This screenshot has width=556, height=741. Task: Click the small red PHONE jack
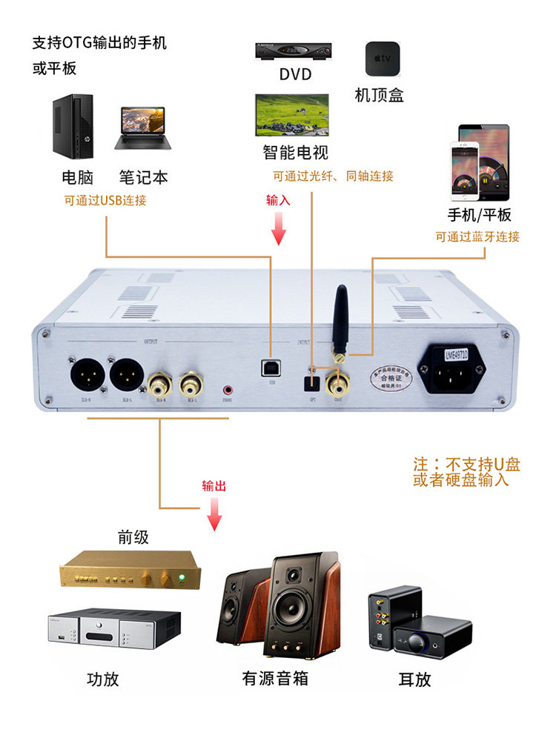228,388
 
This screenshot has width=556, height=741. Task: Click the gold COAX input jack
340,385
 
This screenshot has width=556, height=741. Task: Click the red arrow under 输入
279,228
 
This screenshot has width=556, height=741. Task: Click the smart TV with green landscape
292,114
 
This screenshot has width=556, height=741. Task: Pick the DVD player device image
294,51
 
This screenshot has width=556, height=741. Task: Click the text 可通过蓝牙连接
477,237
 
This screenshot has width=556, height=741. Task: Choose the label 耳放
414,679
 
